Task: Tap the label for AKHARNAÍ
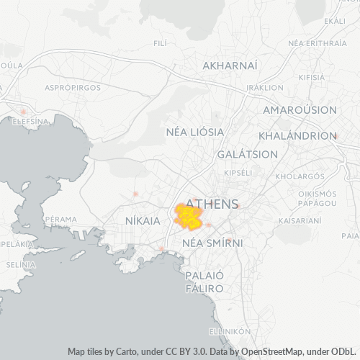(x=230, y=66)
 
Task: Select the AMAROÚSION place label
(x=300, y=109)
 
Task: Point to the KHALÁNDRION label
(x=297, y=135)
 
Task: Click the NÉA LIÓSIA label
(x=194, y=132)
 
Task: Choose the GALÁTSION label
(x=248, y=154)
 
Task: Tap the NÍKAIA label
(x=142, y=220)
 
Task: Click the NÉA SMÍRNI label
(x=212, y=243)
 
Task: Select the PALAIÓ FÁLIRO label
(x=205, y=282)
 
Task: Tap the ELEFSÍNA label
(x=23, y=121)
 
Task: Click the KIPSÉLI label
(x=238, y=173)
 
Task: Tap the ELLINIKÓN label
(x=228, y=330)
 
